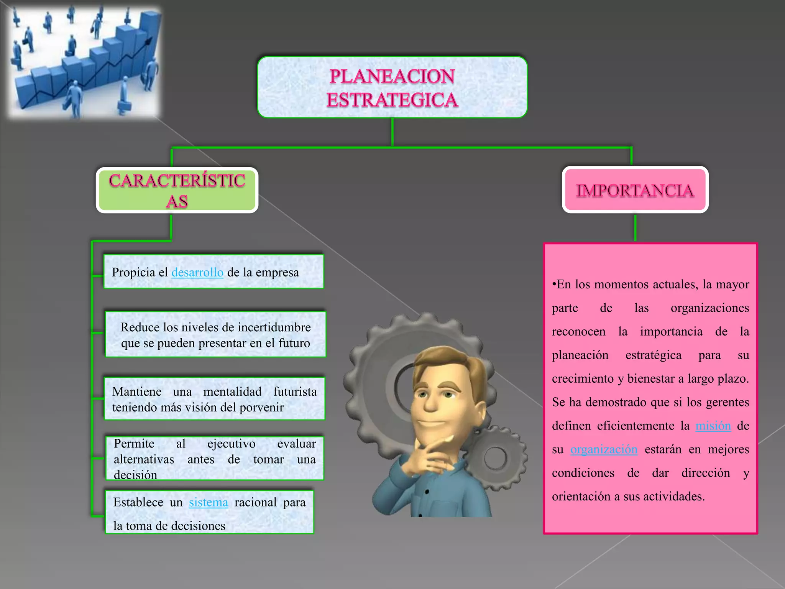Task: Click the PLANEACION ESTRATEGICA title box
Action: click(392, 87)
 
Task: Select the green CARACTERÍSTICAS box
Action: click(177, 191)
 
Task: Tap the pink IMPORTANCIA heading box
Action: click(635, 190)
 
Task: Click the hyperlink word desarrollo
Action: click(197, 272)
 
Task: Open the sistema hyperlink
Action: click(208, 502)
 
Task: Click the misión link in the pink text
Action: click(713, 426)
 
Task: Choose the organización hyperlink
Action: click(604, 449)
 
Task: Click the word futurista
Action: click(295, 392)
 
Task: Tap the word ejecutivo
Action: click(231, 444)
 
